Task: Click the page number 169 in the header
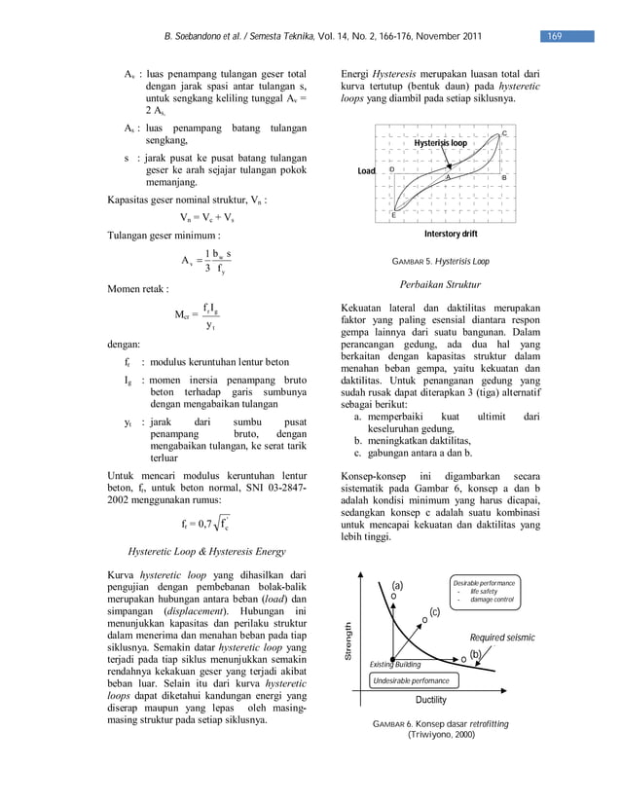553,37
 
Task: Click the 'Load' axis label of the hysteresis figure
366,171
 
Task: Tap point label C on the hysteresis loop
503,132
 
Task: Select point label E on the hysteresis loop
393,214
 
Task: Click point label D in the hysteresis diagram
391,169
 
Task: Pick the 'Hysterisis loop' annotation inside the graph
440,143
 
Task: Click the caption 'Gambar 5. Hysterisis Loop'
440,262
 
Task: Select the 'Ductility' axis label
431,700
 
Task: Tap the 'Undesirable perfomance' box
411,681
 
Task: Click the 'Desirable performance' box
484,591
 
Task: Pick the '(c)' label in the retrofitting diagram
434,611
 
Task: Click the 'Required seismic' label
502,638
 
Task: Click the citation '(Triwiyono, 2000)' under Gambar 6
440,737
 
